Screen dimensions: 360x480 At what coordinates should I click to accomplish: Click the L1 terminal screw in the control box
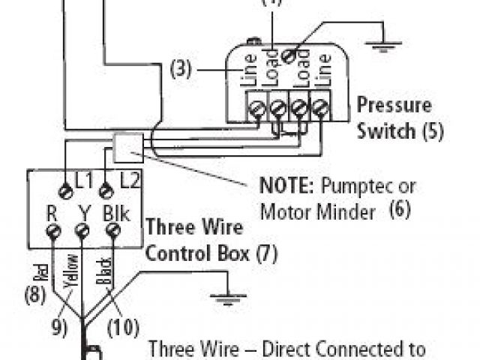(66, 192)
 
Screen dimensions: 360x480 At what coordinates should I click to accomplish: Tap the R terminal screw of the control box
(53, 232)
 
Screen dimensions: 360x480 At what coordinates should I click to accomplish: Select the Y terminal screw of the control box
(82, 232)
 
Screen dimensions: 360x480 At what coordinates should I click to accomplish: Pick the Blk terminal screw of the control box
(114, 232)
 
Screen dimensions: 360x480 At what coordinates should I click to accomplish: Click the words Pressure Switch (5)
(399, 118)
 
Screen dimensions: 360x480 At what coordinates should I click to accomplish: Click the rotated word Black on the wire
(105, 271)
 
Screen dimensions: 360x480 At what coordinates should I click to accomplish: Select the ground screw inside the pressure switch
(286, 54)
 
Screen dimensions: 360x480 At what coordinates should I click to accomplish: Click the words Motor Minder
(317, 212)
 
